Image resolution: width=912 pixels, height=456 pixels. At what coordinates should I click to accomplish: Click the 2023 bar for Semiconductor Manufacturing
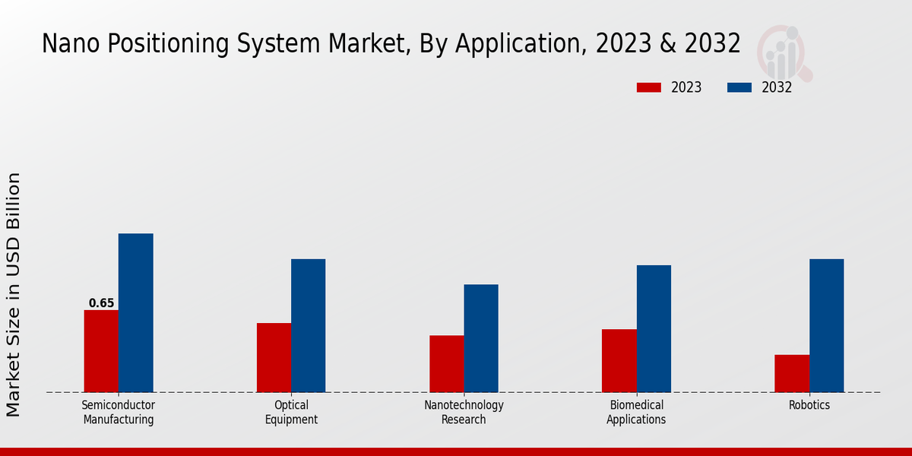pyautogui.click(x=101, y=351)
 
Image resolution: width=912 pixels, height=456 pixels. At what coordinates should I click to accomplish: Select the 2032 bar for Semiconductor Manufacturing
pyautogui.click(x=135, y=313)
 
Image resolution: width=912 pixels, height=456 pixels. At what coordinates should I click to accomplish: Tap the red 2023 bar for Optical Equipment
pyautogui.click(x=274, y=358)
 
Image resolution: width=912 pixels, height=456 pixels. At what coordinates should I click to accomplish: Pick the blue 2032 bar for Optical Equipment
pyautogui.click(x=308, y=326)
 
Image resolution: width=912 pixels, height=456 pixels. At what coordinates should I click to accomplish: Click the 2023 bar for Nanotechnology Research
pyautogui.click(x=447, y=364)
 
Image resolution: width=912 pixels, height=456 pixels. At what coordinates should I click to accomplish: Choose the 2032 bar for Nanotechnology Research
pyautogui.click(x=481, y=338)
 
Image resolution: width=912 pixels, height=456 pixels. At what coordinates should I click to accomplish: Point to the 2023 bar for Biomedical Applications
pyautogui.click(x=619, y=361)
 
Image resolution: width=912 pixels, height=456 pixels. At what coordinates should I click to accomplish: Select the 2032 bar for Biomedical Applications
pyautogui.click(x=654, y=329)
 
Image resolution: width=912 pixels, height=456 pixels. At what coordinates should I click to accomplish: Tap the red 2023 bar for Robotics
pyautogui.click(x=792, y=374)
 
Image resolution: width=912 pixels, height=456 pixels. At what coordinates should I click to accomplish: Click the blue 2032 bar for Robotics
pyautogui.click(x=826, y=326)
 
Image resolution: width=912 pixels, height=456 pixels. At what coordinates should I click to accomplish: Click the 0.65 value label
pyautogui.click(x=101, y=303)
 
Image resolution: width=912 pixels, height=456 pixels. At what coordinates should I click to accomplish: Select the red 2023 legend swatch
pyautogui.click(x=649, y=87)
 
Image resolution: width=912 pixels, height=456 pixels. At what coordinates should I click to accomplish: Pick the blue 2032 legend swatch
pyautogui.click(x=739, y=87)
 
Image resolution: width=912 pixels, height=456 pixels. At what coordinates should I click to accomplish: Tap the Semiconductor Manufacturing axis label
pyautogui.click(x=119, y=413)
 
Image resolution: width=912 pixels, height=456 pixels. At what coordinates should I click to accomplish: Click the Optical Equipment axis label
pyautogui.click(x=291, y=413)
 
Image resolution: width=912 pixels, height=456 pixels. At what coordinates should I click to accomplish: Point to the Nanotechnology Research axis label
pyautogui.click(x=464, y=413)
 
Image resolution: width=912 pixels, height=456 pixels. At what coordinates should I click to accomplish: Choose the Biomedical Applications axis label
pyautogui.click(x=636, y=413)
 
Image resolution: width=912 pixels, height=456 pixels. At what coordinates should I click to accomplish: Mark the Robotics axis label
pyautogui.click(x=809, y=406)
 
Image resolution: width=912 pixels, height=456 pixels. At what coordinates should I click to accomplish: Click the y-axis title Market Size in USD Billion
pyautogui.click(x=14, y=295)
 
